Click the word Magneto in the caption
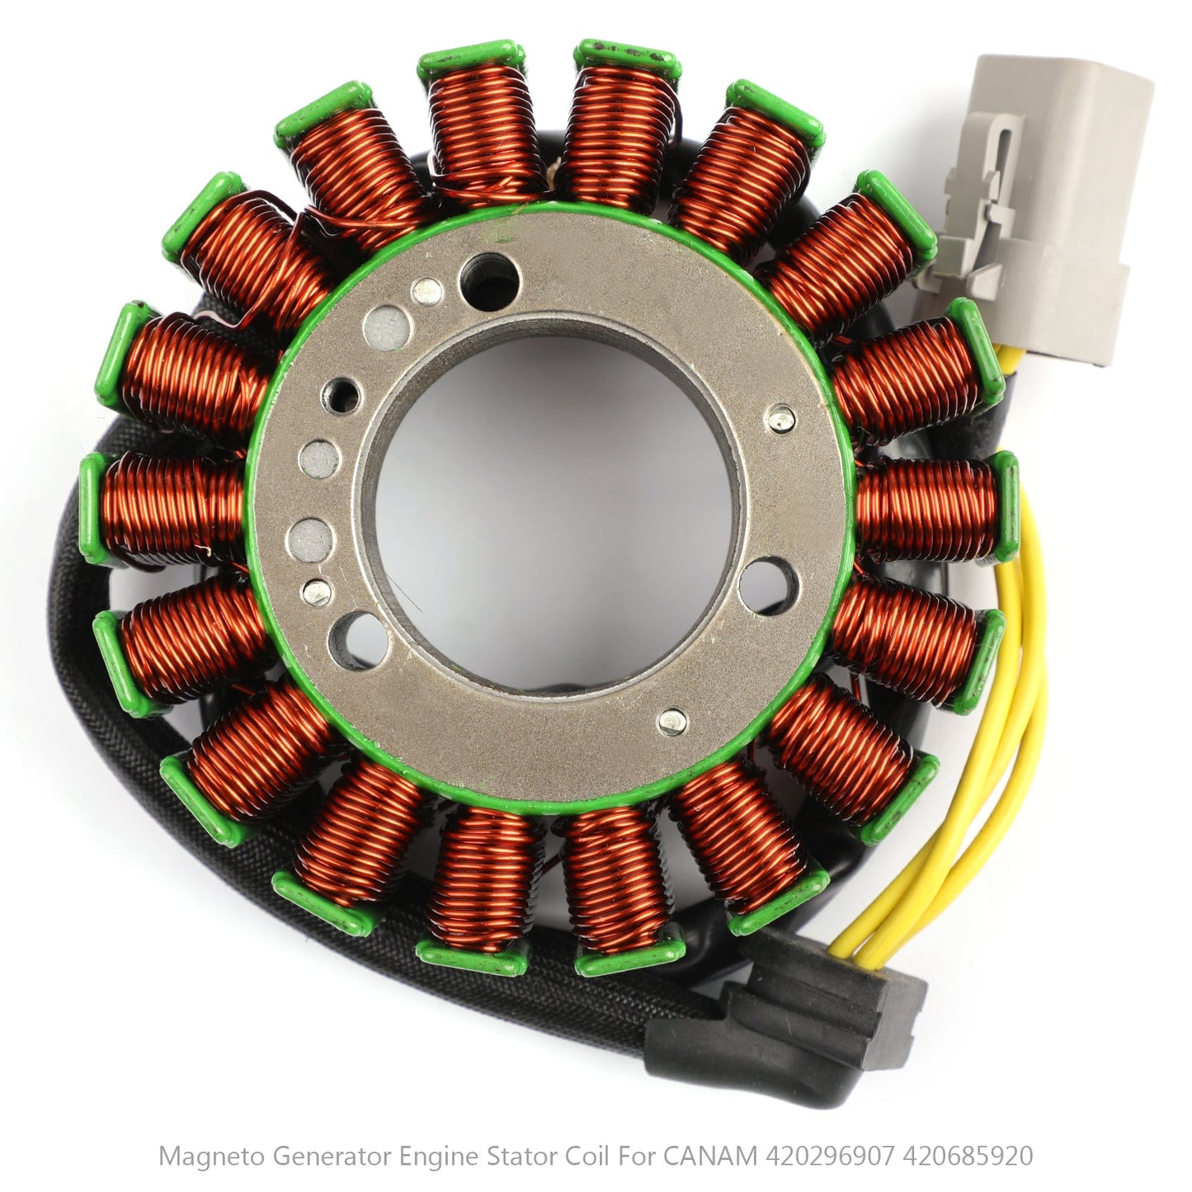point(211,1157)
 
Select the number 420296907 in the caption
point(829,1157)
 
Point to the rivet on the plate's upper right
point(780,418)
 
